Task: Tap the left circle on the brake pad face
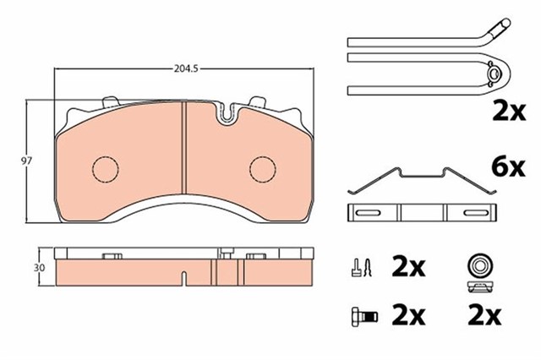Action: point(105,169)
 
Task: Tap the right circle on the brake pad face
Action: point(263,169)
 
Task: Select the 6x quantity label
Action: point(508,168)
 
